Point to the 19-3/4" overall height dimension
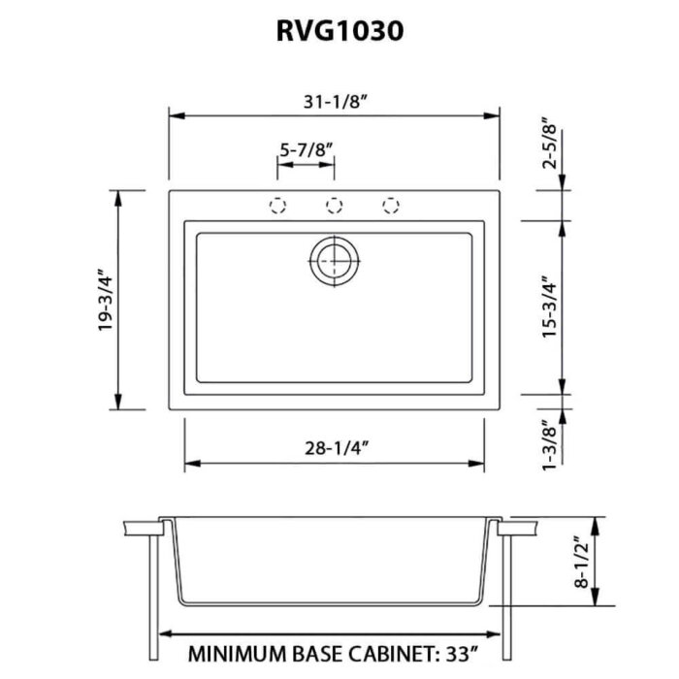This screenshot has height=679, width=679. (104, 300)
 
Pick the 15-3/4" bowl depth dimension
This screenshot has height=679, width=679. (550, 307)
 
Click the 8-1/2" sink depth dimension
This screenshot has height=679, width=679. (581, 563)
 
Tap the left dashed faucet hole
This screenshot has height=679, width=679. (277, 205)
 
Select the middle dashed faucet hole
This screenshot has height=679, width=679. (335, 205)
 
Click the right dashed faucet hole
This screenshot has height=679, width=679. (391, 205)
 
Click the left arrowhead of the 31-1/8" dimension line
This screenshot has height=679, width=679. (175, 114)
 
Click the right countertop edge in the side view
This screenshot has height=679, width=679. (519, 527)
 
